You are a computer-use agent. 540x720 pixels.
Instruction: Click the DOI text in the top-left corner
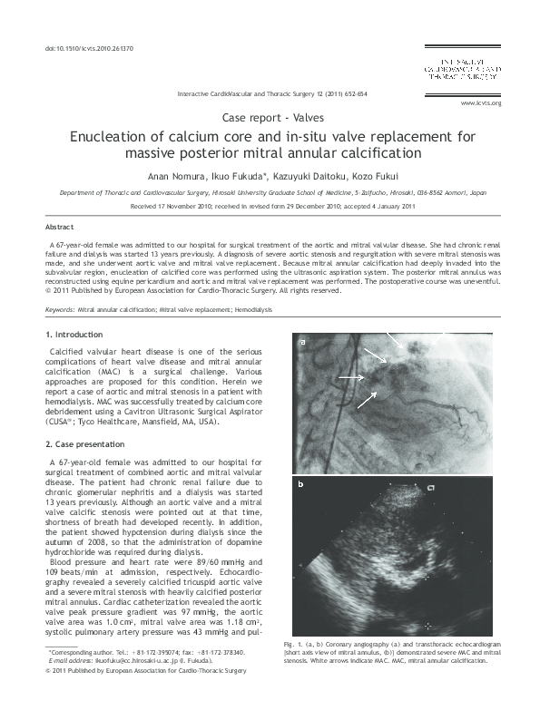[83, 47]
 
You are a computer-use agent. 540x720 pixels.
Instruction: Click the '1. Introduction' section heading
[74, 336]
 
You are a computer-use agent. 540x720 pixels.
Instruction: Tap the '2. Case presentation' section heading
[85, 444]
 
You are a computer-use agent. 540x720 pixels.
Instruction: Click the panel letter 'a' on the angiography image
[303, 342]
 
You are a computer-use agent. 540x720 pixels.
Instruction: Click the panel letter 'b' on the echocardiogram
[303, 485]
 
